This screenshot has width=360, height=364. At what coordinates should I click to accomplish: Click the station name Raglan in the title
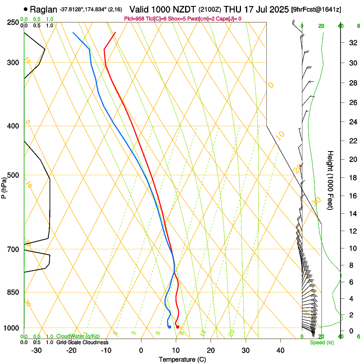point(43,9)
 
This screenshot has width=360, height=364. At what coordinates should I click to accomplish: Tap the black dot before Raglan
point(26,9)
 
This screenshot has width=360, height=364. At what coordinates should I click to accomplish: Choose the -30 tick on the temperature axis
point(36,350)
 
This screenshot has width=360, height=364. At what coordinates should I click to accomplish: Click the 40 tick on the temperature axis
point(280,350)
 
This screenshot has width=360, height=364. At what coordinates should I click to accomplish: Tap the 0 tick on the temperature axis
point(141,350)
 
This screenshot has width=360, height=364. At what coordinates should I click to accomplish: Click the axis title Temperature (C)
point(182,359)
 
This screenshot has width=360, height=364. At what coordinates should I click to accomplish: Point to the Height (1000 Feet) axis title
point(331,180)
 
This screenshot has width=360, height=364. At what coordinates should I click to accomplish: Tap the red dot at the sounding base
point(177,327)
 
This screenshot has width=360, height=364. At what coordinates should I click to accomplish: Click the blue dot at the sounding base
point(169,327)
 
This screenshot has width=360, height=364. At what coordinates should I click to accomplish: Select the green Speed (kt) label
point(321,342)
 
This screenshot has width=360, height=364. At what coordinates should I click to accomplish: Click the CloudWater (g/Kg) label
point(78,336)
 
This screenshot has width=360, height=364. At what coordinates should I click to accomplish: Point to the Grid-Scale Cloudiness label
point(82,342)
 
